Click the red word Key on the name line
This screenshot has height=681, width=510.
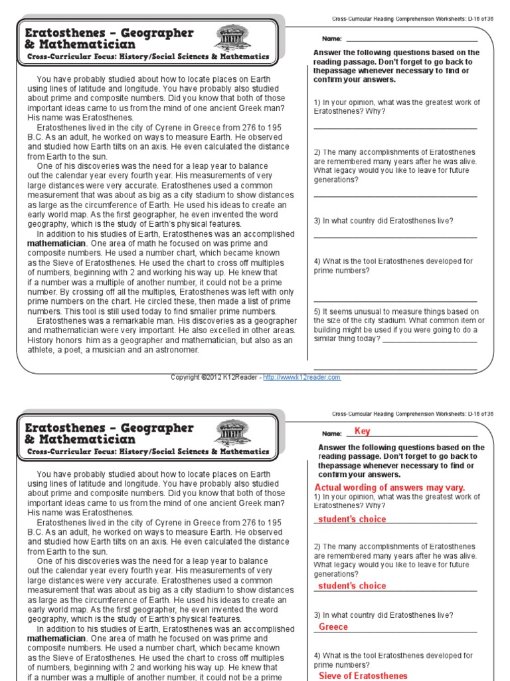pyautogui.click(x=363, y=431)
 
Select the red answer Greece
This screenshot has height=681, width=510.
pyautogui.click(x=333, y=627)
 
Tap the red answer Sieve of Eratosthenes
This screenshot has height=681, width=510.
pyautogui.click(x=363, y=676)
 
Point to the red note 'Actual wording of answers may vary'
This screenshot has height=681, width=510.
pyautogui.click(x=389, y=487)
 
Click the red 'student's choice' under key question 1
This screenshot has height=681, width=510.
pyautogui.click(x=352, y=519)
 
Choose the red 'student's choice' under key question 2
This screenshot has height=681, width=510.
pyautogui.click(x=352, y=586)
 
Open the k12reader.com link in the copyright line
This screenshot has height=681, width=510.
pyautogui.click(x=301, y=377)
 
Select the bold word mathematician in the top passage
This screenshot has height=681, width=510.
pyautogui.click(x=56, y=243)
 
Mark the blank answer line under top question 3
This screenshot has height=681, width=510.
pyautogui.click(x=395, y=237)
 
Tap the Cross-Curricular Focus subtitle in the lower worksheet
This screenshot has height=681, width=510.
pyautogui.click(x=148, y=452)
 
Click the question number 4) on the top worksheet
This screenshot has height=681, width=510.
pyautogui.click(x=317, y=261)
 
